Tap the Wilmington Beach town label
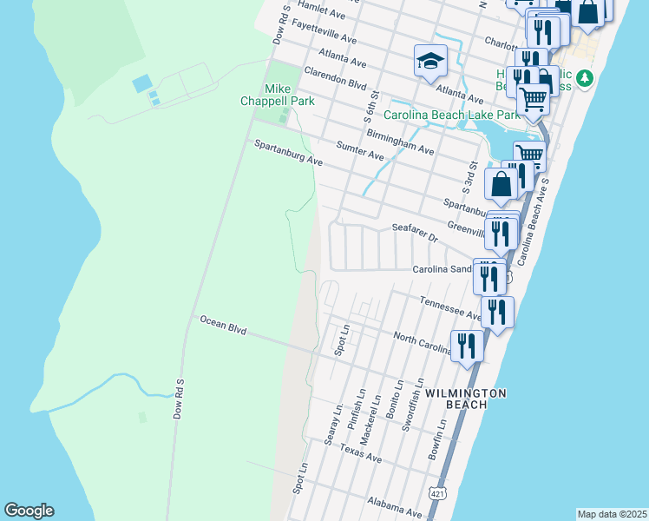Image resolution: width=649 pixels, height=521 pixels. coord(465,399)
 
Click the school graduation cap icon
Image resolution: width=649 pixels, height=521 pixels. coord(429,61)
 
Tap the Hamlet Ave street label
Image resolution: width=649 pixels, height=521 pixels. coord(321,10)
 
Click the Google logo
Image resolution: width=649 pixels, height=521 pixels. coord(29,511)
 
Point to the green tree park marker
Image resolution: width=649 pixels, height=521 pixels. coord(586,79)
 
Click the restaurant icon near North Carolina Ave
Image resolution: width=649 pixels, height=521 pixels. coord(467,346)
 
